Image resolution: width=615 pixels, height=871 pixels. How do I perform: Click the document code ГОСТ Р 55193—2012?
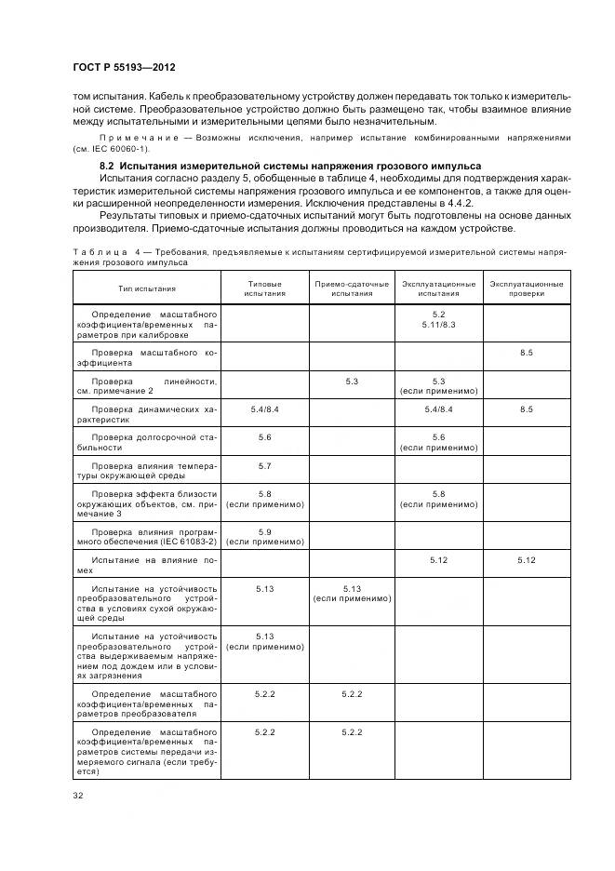pyautogui.click(x=124, y=68)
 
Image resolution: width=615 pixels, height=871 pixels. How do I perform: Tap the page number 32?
pyautogui.click(x=78, y=795)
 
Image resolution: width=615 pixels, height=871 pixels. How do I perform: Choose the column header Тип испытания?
pyautogui.click(x=146, y=288)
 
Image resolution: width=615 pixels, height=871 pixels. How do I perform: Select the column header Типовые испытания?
pyautogui.click(x=264, y=288)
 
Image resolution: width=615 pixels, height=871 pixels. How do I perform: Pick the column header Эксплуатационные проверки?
pyautogui.click(x=526, y=288)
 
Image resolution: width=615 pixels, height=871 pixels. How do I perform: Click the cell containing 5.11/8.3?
pyautogui.click(x=438, y=324)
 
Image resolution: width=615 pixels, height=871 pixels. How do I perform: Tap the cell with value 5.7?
pyautogui.click(x=264, y=464)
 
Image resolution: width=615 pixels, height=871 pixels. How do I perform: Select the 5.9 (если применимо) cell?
pyautogui.click(x=264, y=536)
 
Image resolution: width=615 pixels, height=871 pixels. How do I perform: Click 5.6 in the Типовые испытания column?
pyautogui.click(x=264, y=436)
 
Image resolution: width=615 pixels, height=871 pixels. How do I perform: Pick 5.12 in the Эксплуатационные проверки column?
pyautogui.click(x=526, y=559)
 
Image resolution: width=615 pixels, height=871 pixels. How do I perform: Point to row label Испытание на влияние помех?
pyautogui.click(x=146, y=565)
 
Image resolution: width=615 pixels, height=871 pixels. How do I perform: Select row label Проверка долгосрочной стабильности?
pyautogui.click(x=146, y=441)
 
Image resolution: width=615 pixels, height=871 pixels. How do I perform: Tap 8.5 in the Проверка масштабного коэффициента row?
pyautogui.click(x=526, y=353)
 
